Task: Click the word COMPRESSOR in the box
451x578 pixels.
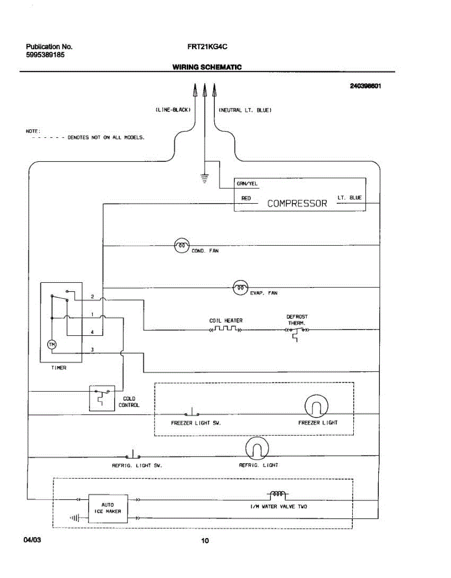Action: click(297, 203)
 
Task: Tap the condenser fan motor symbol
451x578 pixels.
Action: click(182, 245)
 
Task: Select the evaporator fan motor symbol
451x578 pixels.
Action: click(240, 288)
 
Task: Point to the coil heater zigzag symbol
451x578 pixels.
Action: click(226, 329)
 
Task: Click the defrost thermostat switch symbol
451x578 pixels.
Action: click(297, 333)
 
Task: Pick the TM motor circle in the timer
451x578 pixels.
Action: click(52, 345)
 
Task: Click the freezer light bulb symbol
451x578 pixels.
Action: click(316, 406)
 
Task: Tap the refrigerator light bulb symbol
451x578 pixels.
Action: click(257, 448)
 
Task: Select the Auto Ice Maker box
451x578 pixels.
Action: click(108, 509)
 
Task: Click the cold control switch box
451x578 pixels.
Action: click(102, 398)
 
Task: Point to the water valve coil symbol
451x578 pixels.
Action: click(277, 495)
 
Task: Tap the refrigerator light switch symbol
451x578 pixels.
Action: click(133, 454)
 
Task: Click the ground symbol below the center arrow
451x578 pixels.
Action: click(205, 179)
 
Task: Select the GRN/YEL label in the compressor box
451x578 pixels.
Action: click(247, 184)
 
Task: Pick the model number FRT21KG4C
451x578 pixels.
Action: click(207, 47)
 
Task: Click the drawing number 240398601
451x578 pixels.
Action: click(365, 86)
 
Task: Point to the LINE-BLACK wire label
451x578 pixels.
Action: click(173, 110)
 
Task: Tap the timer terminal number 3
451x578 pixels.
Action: click(92, 350)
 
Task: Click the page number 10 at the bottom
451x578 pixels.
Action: click(205, 540)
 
